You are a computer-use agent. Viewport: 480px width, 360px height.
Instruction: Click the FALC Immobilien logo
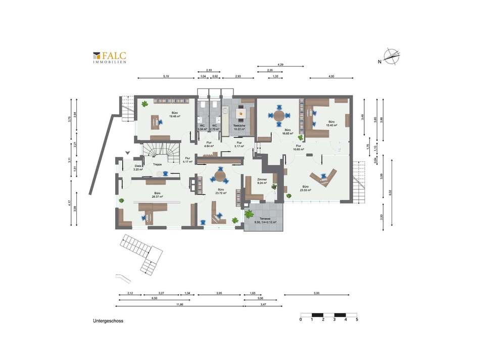tap(109, 57)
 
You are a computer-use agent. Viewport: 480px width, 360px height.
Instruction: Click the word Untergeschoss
tap(108, 321)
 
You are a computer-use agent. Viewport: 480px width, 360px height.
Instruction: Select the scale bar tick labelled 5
tap(357, 320)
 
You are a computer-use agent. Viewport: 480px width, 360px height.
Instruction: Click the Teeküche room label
tap(239, 127)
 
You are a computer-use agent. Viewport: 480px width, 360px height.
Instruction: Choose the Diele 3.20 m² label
tap(137, 167)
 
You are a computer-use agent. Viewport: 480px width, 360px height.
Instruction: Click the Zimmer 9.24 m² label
tap(262, 181)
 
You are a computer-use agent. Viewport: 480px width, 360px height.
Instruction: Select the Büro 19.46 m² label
tap(174, 115)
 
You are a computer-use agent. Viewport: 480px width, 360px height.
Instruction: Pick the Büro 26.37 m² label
tap(158, 195)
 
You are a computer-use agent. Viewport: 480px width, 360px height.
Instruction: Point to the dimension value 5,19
tap(166, 76)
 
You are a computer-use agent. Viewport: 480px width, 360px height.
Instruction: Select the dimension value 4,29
tap(280, 64)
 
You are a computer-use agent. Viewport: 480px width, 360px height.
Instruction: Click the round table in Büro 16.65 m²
tap(279, 115)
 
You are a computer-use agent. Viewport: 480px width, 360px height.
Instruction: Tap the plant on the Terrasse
tap(249, 214)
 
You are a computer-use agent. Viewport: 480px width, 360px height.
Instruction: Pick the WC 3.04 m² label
tap(202, 127)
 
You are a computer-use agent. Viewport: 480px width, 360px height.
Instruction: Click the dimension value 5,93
tap(316, 293)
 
